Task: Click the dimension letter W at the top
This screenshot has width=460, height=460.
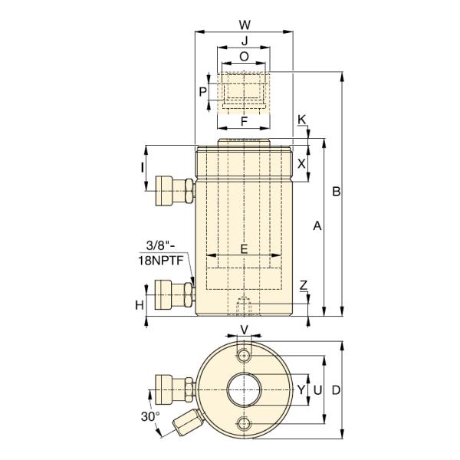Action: click(x=245, y=25)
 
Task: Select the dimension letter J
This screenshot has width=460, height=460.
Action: click(x=245, y=41)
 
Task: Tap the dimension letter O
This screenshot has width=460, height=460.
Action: click(x=244, y=57)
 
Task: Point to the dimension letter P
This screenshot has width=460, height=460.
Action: click(x=202, y=92)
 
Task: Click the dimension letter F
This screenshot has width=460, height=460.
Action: click(x=244, y=121)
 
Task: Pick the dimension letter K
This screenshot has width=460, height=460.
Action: click(x=301, y=120)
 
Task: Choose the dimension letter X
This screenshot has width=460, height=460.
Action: click(x=301, y=164)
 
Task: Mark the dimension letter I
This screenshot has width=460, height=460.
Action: click(x=143, y=168)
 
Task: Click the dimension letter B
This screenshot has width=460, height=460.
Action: click(x=337, y=191)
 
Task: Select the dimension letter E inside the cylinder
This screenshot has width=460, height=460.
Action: click(x=244, y=248)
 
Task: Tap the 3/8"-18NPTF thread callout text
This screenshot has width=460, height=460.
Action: click(x=160, y=253)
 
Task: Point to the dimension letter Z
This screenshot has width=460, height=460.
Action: click(x=304, y=285)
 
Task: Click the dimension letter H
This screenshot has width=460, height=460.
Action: click(x=140, y=305)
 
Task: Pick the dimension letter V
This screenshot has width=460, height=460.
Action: click(x=244, y=330)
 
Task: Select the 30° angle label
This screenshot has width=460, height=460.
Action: click(x=150, y=416)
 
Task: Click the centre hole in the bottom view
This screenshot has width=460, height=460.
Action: click(x=244, y=389)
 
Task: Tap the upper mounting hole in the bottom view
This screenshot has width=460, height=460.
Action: click(x=244, y=356)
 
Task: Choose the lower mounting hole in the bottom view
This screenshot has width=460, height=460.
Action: click(x=244, y=423)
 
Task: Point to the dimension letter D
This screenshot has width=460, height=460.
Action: click(x=337, y=390)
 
